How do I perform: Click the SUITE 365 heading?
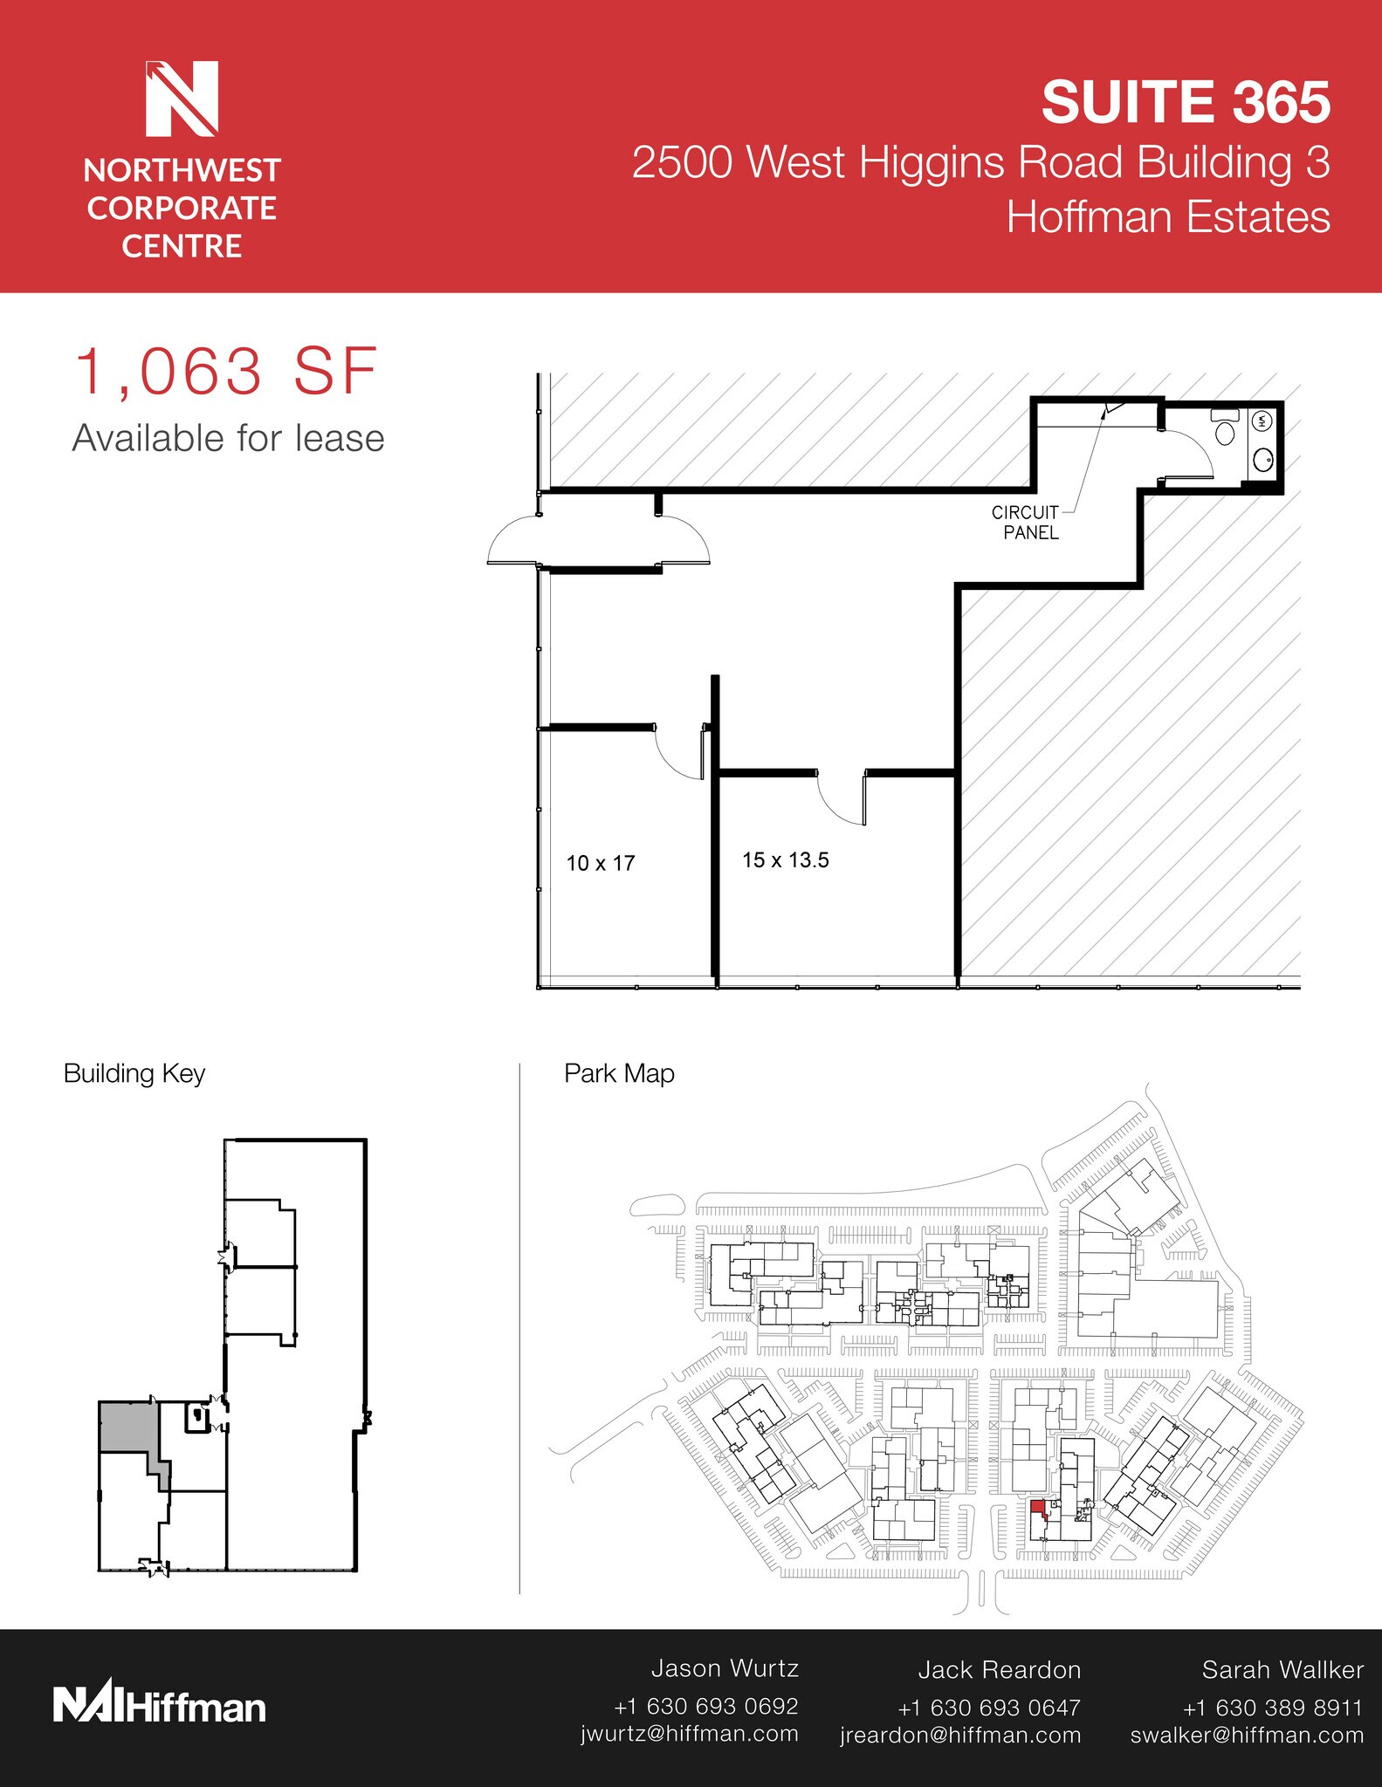tap(1185, 102)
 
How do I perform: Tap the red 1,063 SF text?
tap(226, 373)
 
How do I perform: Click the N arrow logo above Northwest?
tap(182, 99)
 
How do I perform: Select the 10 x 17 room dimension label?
tap(600, 864)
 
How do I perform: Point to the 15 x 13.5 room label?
tap(785, 860)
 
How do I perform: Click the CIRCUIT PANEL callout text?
tap(1026, 523)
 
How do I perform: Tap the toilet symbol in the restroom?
tap(1225, 428)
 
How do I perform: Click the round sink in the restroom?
tap(1262, 459)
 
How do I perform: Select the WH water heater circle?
tap(1262, 421)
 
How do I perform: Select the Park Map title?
tap(619, 1073)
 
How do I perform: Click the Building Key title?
tap(134, 1073)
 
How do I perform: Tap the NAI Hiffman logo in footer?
tap(160, 1706)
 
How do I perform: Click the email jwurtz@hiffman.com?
tap(689, 1734)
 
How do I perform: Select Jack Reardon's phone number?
tap(988, 1708)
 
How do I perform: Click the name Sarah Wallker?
tap(1282, 1670)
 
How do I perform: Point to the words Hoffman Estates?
tap(1167, 217)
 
